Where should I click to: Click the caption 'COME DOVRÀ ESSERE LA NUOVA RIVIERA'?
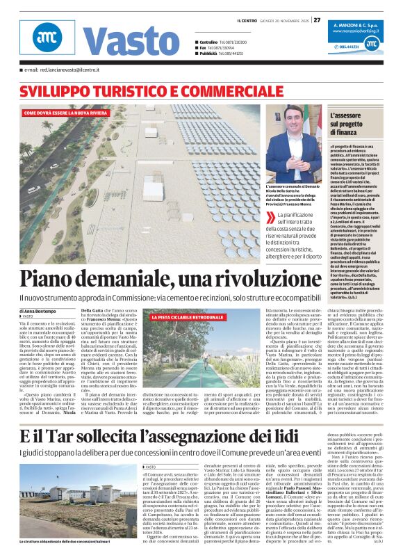click(x=65, y=112)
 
